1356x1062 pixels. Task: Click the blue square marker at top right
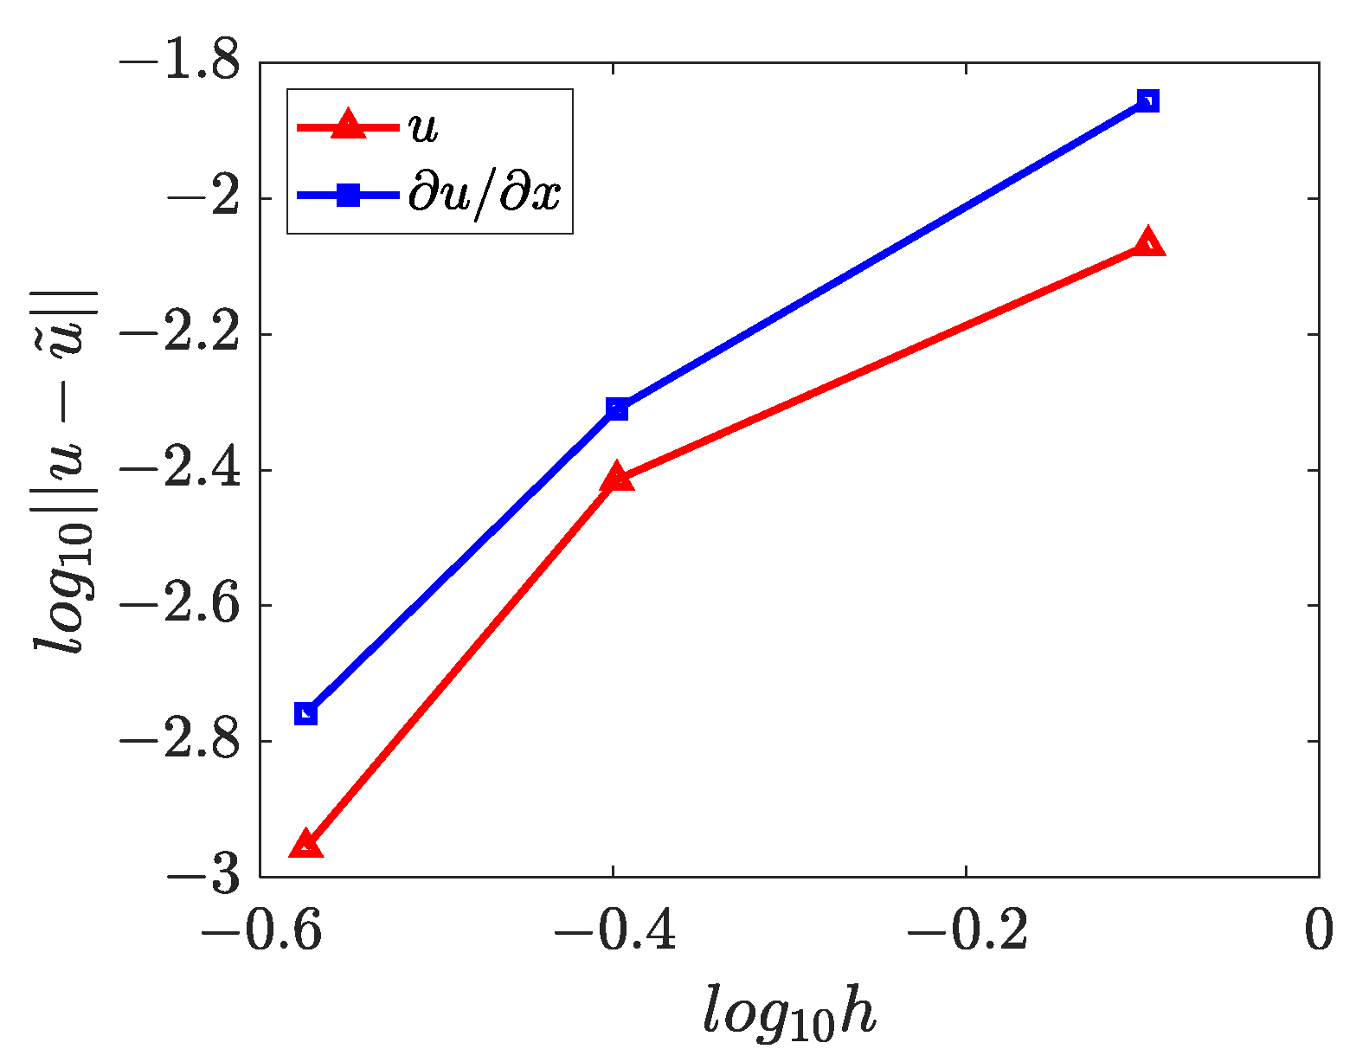click(1147, 101)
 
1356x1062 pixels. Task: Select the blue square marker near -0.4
click(617, 409)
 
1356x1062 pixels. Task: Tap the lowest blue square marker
click(305, 714)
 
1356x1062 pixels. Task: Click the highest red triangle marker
click(1147, 243)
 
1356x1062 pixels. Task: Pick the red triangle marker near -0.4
click(617, 477)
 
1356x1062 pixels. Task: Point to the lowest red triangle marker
click(305, 846)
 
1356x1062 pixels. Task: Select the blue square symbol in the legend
click(347, 195)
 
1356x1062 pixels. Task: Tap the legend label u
click(424, 127)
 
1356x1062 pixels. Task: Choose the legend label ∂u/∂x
click(485, 195)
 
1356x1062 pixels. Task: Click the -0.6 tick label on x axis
click(262, 932)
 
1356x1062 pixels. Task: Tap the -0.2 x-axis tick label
click(967, 932)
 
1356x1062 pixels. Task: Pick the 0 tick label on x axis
click(1318, 932)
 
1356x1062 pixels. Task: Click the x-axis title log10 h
click(789, 1011)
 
